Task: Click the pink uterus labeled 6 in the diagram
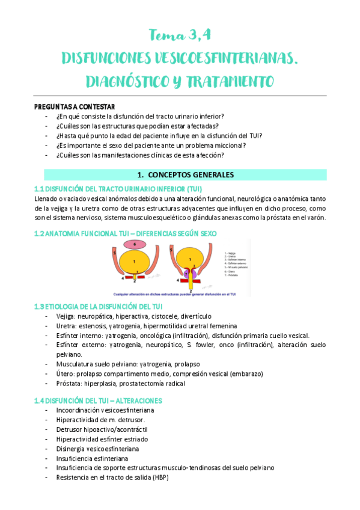[x=134, y=244]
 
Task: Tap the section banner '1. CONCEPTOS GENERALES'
[x=180, y=175]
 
